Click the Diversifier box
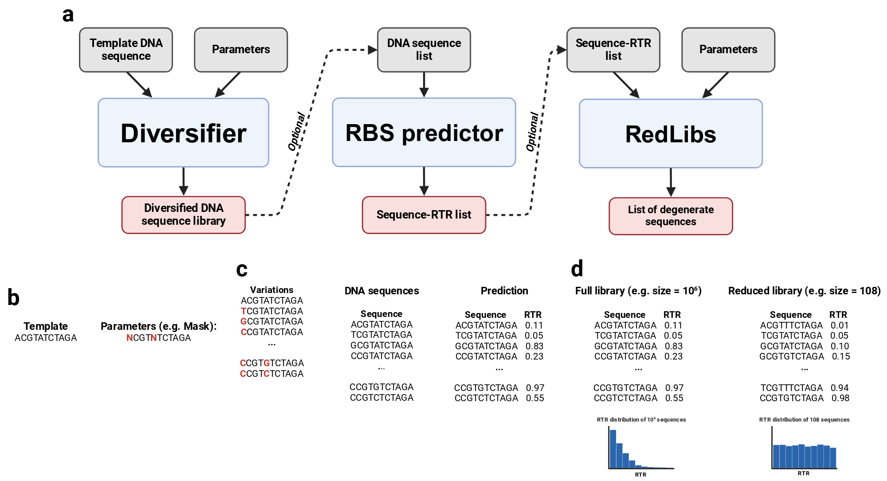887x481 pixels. click(x=183, y=133)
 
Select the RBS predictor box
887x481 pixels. click(x=424, y=132)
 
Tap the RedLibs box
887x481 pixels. click(x=671, y=133)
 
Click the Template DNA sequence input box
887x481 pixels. click(x=126, y=50)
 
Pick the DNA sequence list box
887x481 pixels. click(x=424, y=50)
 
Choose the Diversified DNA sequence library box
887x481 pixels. click(x=184, y=215)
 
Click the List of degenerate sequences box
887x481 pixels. click(x=671, y=216)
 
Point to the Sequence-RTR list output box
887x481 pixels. click(x=424, y=215)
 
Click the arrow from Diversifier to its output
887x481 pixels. click(x=184, y=181)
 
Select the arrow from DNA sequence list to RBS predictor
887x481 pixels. click(x=424, y=85)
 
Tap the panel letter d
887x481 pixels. click(x=577, y=268)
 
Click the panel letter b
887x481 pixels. click(x=14, y=297)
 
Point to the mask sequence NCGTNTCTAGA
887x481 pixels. click(x=159, y=338)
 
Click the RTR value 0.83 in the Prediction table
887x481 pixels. click(x=534, y=346)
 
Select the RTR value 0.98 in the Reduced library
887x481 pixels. click(x=840, y=398)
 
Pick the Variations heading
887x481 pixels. click(x=271, y=290)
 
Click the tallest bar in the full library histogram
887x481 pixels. click(x=613, y=449)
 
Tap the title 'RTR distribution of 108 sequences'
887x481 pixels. click(x=804, y=419)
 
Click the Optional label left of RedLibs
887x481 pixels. click(x=533, y=132)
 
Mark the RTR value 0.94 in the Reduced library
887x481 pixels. click(x=840, y=388)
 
